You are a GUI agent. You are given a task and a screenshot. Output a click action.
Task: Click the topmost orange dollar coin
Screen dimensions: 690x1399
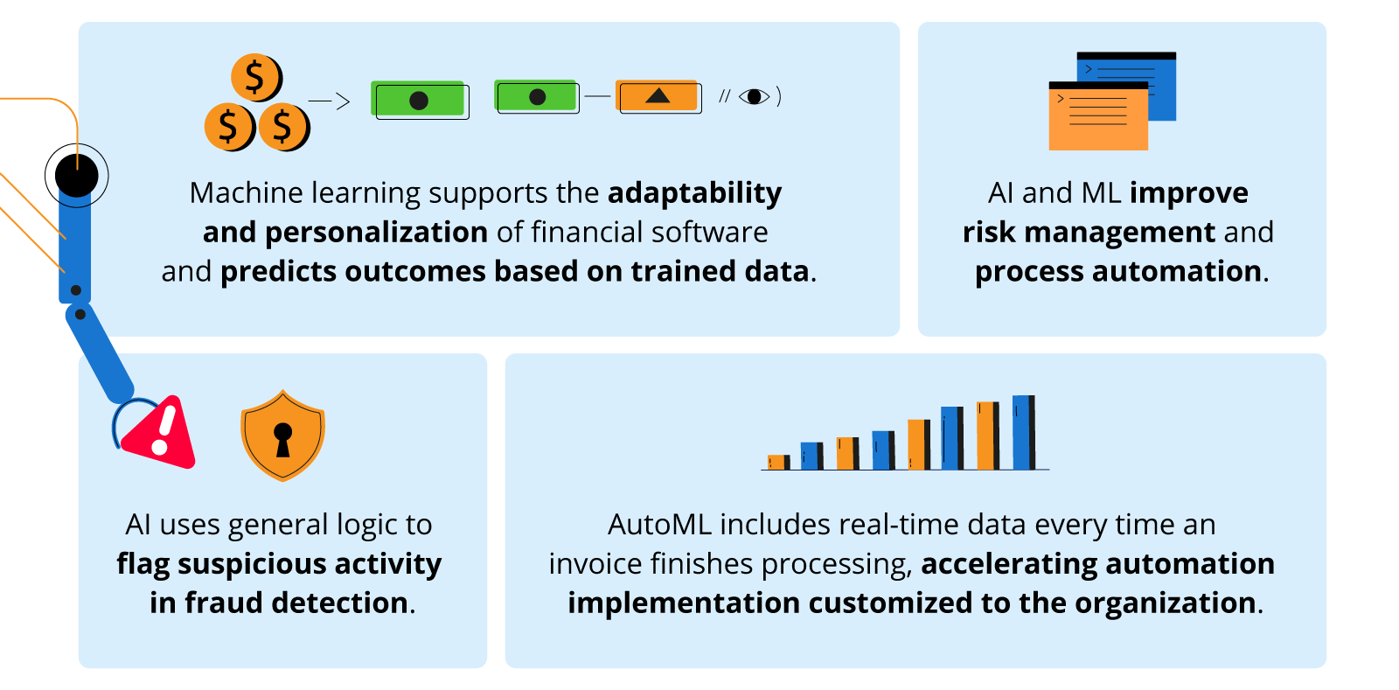click(255, 77)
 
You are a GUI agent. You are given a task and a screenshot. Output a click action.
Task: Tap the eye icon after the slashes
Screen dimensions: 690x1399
click(754, 96)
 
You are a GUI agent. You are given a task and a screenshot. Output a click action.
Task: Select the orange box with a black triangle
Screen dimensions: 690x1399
click(658, 96)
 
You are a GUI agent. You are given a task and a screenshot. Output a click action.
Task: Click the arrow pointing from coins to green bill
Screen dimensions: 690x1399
click(331, 101)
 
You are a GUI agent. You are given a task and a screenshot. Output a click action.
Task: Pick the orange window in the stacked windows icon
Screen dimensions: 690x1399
click(1098, 118)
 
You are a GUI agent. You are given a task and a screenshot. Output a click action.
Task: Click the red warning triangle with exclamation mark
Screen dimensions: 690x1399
click(160, 432)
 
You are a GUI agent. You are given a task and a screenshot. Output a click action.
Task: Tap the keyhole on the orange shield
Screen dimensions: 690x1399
click(282, 438)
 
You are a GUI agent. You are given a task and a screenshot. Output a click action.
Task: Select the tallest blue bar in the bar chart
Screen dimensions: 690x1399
click(1022, 432)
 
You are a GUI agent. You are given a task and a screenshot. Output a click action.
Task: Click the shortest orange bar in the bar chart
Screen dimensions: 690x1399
click(776, 462)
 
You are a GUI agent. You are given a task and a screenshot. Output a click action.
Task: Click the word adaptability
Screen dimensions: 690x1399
click(694, 192)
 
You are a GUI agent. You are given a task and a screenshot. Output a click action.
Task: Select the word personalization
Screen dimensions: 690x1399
click(376, 232)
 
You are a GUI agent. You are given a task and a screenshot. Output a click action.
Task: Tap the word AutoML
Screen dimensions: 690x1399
click(659, 524)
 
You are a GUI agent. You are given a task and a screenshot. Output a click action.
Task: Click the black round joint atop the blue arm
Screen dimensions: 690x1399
click(78, 176)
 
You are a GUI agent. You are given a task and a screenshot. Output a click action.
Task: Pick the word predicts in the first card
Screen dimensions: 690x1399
click(278, 271)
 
